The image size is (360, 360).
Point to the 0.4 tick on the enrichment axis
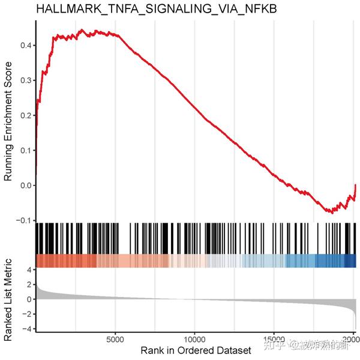25,45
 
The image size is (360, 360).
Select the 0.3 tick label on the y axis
25,80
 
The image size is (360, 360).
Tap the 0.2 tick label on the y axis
25,115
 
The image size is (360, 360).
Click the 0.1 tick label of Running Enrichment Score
25,149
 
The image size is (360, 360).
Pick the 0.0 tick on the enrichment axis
25,185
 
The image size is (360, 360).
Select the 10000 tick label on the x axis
194,338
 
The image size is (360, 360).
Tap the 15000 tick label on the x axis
274,338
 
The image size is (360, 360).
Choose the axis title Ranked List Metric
8,298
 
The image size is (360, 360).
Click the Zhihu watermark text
319,344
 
